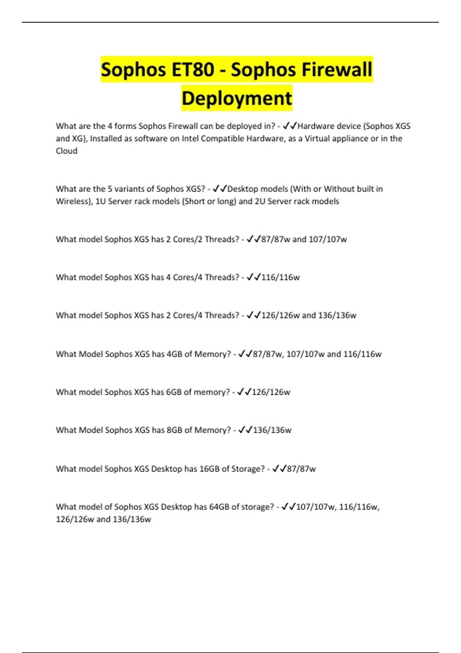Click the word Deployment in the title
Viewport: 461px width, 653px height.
tap(237, 98)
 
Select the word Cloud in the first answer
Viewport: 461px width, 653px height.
tap(66, 151)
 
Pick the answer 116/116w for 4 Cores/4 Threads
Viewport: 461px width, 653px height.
tap(280, 277)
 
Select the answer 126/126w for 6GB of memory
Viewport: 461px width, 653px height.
tap(271, 392)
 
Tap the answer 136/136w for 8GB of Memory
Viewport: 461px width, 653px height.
tap(272, 430)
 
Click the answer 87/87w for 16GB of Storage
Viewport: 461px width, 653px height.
tap(301, 469)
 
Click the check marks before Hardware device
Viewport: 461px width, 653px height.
tap(289, 126)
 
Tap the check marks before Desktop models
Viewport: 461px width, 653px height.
tap(220, 189)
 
